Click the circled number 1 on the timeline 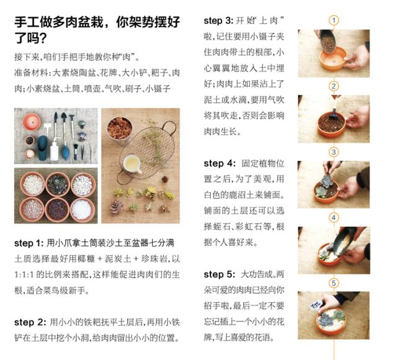[334, 20]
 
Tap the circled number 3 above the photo [334, 152]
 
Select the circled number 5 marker [334, 283]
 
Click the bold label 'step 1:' [29, 243]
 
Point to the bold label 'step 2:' [30, 322]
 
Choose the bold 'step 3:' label [218, 20]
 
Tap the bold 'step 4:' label [220, 163]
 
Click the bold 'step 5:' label [220, 274]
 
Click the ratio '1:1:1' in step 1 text [24, 274]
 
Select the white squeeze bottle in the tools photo [54, 150]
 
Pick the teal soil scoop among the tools [43, 148]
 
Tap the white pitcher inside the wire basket [132, 164]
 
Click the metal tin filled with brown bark [120, 130]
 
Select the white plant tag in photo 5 [316, 305]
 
